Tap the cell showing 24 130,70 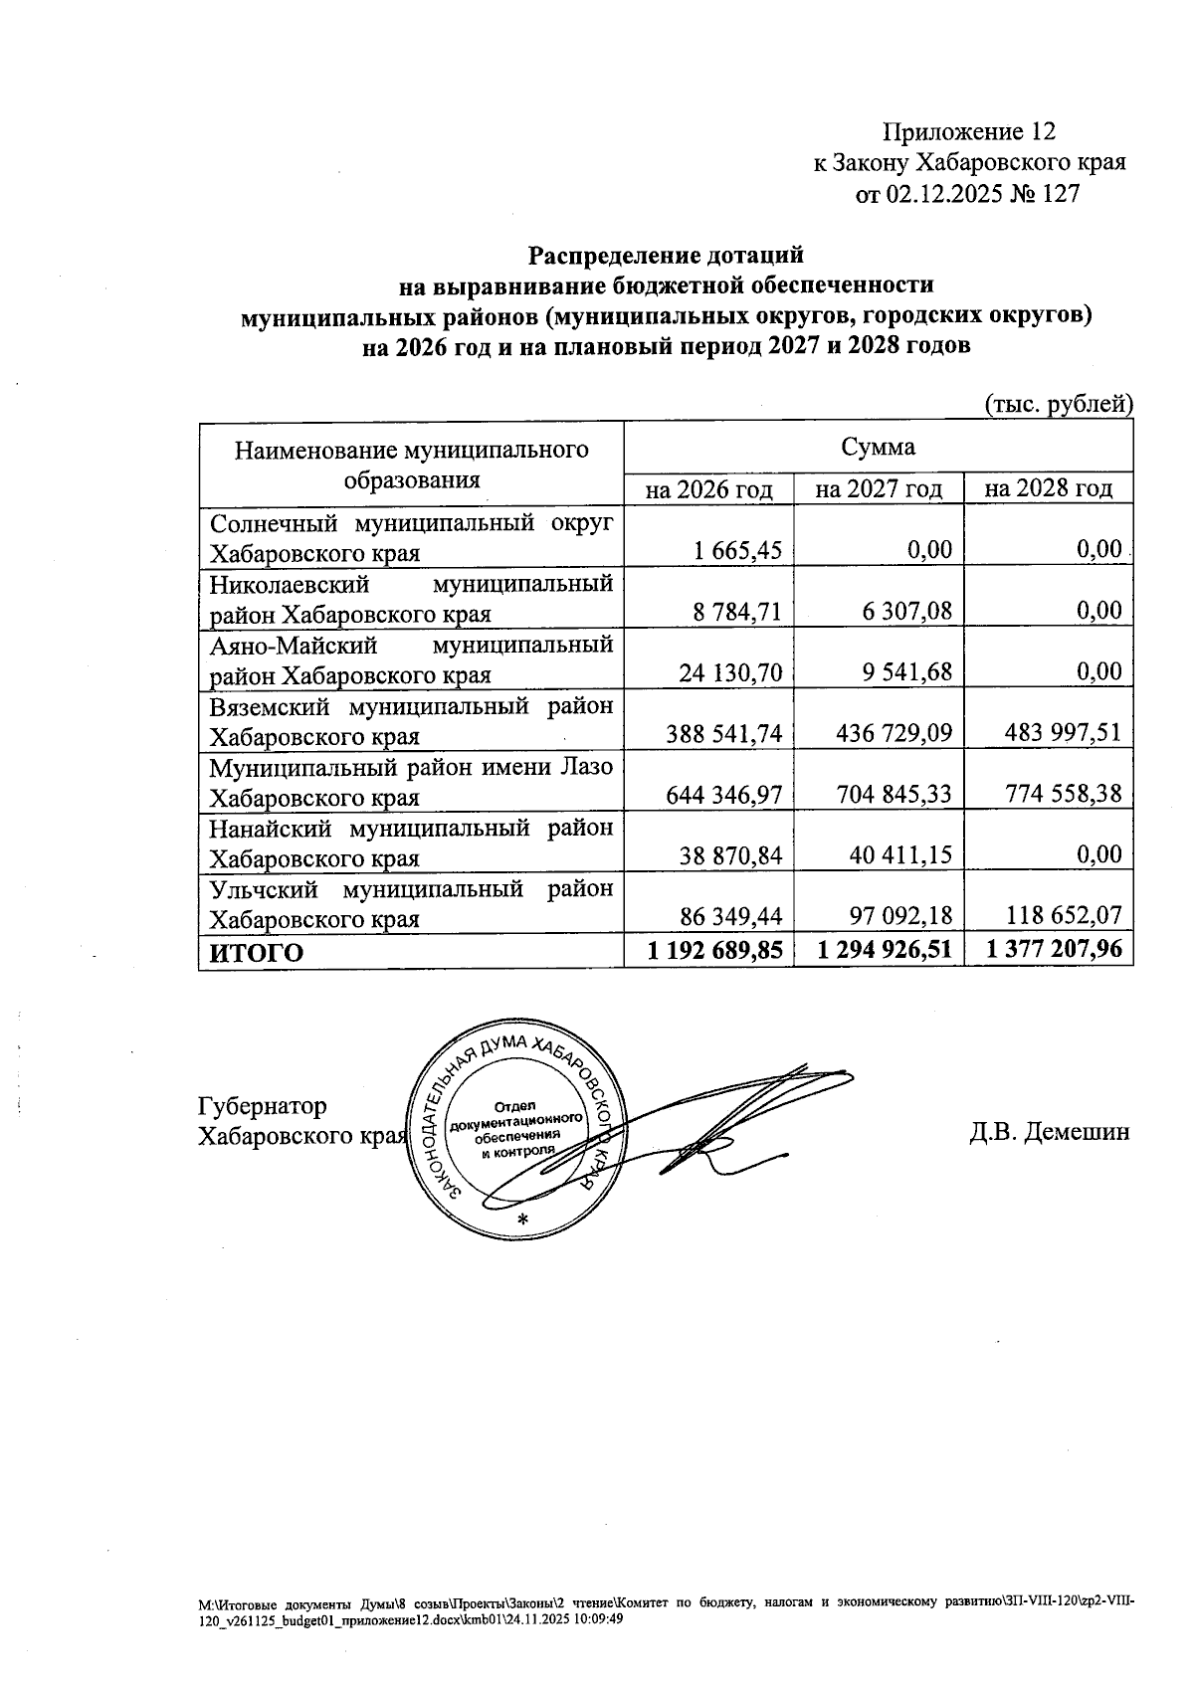(x=731, y=672)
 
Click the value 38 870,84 (x=731, y=854)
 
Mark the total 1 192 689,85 (x=714, y=951)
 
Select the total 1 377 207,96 (x=1055, y=951)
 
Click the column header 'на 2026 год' (x=708, y=489)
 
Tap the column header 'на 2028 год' (x=1049, y=489)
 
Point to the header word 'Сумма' (x=879, y=447)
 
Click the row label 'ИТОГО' (x=256, y=953)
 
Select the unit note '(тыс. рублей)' (x=1059, y=404)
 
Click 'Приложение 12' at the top (x=968, y=131)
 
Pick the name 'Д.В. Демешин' (x=1050, y=1132)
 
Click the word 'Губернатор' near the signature (x=263, y=1106)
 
